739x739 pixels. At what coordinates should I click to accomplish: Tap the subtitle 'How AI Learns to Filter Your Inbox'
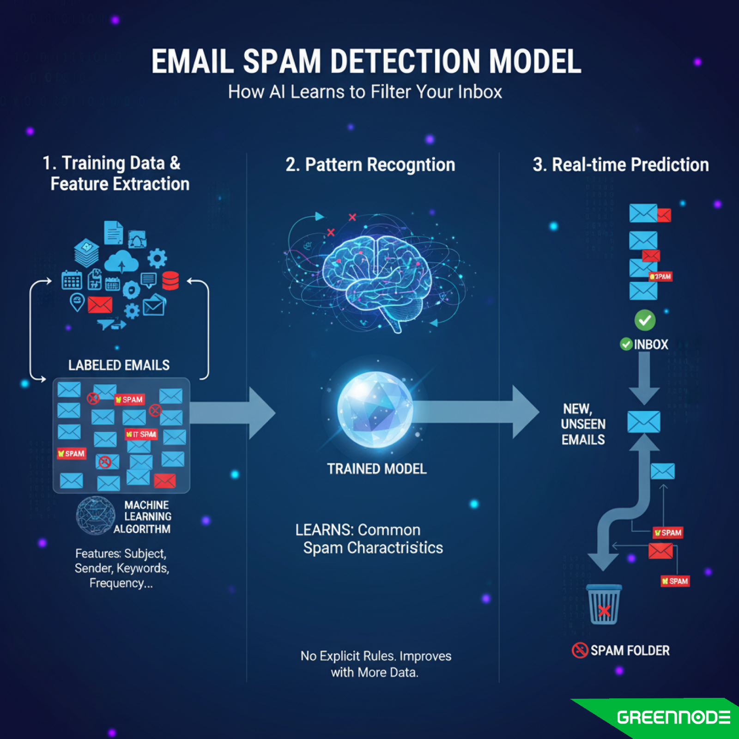[x=365, y=92]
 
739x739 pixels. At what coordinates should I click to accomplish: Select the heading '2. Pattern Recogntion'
[x=370, y=165]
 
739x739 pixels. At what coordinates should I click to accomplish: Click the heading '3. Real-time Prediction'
[x=620, y=165]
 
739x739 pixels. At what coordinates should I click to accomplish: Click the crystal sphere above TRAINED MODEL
[x=375, y=409]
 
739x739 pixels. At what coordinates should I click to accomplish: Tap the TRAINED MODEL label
[x=376, y=469]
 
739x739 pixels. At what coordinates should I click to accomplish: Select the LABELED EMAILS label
[x=119, y=365]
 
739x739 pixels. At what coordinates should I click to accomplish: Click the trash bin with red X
[x=604, y=605]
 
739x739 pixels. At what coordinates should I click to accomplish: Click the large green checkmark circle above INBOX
[x=645, y=320]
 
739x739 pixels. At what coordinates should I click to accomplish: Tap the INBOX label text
[x=651, y=345]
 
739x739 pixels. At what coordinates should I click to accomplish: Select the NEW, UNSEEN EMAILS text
[x=583, y=424]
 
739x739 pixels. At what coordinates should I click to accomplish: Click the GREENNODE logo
[x=673, y=717]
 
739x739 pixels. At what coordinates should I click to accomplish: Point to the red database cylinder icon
[x=170, y=281]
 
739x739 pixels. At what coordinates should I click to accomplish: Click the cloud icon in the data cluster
[x=121, y=262]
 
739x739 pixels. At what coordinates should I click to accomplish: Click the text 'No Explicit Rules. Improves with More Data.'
[x=375, y=664]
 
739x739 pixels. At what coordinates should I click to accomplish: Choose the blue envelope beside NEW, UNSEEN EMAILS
[x=643, y=422]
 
